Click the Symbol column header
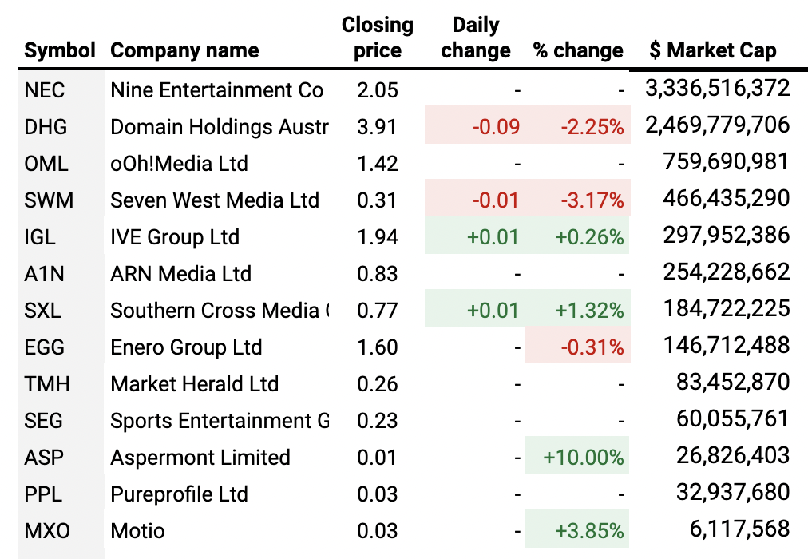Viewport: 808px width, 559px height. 60,50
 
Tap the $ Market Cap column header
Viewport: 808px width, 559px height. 712,50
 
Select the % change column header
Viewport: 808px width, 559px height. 578,50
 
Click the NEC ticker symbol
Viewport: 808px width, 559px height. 45,89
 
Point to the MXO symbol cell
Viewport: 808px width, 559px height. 47,530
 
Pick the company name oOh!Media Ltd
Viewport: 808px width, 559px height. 179,164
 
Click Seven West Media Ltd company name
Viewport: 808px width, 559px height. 215,200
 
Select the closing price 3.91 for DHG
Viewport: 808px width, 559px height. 378,126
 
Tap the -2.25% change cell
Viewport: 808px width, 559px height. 591,126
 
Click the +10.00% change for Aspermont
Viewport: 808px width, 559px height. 583,458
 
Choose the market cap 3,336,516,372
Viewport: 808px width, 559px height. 717,88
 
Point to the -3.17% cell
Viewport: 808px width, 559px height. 591,200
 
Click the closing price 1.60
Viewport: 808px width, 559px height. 378,347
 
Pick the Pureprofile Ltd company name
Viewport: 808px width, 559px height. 179,494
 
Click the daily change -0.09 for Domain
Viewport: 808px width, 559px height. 496,126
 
